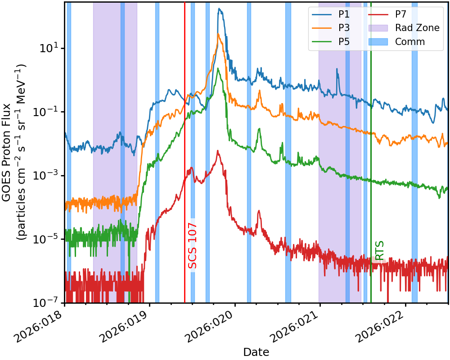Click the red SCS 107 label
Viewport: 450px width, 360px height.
193,246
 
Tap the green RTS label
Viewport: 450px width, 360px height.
379,251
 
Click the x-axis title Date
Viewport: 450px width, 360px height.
256,352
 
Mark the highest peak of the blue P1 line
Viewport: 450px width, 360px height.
219,9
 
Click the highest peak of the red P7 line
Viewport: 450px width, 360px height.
218,151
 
